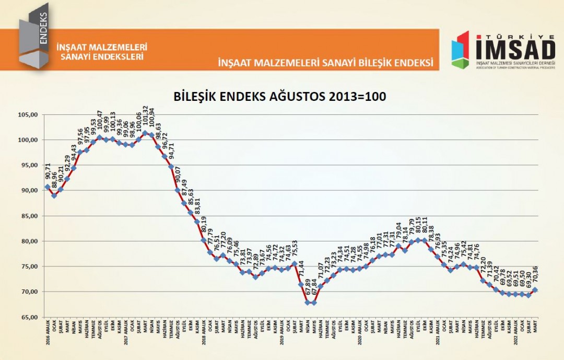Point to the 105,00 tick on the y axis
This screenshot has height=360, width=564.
tap(28, 115)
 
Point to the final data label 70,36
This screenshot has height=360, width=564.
tap(535, 273)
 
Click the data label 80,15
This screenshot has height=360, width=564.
tap(418, 226)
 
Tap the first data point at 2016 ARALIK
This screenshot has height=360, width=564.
tap(48, 187)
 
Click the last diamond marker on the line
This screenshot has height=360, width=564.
tap(535, 290)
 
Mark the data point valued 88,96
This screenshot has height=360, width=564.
tap(54, 195)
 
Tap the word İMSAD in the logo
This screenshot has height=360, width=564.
tap(515, 50)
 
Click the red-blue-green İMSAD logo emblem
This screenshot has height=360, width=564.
tap(461, 50)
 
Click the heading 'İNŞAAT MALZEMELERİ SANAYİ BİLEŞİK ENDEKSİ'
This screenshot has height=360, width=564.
tap(326, 63)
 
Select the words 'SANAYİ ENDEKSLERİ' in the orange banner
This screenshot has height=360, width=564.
tap(102, 56)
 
